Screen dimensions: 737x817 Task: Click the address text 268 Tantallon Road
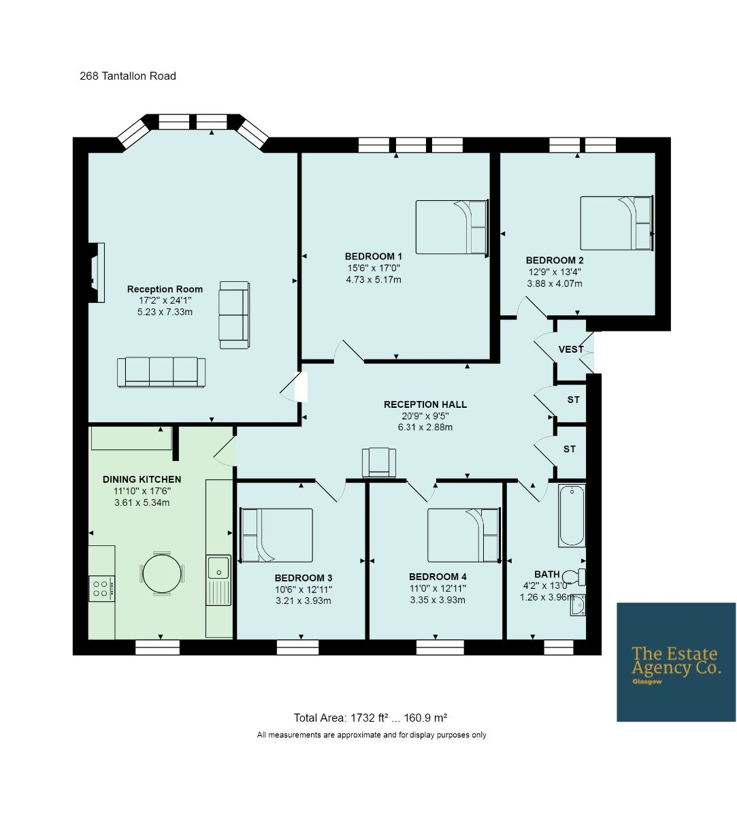pos(128,76)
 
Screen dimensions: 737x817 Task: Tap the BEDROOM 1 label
pos(374,256)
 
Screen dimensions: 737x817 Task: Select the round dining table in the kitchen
pos(162,574)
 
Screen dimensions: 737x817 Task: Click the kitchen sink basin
pos(219,567)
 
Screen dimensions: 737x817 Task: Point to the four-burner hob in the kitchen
pos(101,588)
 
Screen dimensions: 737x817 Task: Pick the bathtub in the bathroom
pos(572,515)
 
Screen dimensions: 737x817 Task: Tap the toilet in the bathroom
pos(574,577)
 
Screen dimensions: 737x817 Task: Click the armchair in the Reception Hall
pos(378,462)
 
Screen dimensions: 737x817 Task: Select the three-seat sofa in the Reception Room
pos(161,372)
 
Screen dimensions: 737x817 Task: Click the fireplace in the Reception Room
pos(97,272)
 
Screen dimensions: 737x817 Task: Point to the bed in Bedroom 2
pos(617,223)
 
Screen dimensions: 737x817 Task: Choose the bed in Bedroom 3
pos(276,535)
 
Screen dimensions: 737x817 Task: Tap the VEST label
pos(571,349)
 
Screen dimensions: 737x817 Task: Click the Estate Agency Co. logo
pos(676,662)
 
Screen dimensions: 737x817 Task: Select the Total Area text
pos(370,718)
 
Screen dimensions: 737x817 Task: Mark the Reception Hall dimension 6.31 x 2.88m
pos(425,428)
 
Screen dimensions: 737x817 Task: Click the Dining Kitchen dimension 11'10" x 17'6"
pos(142,491)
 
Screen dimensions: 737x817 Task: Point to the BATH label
pos(547,574)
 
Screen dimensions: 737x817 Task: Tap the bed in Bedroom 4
pos(463,535)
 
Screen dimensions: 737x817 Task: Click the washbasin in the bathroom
pos(578,605)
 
